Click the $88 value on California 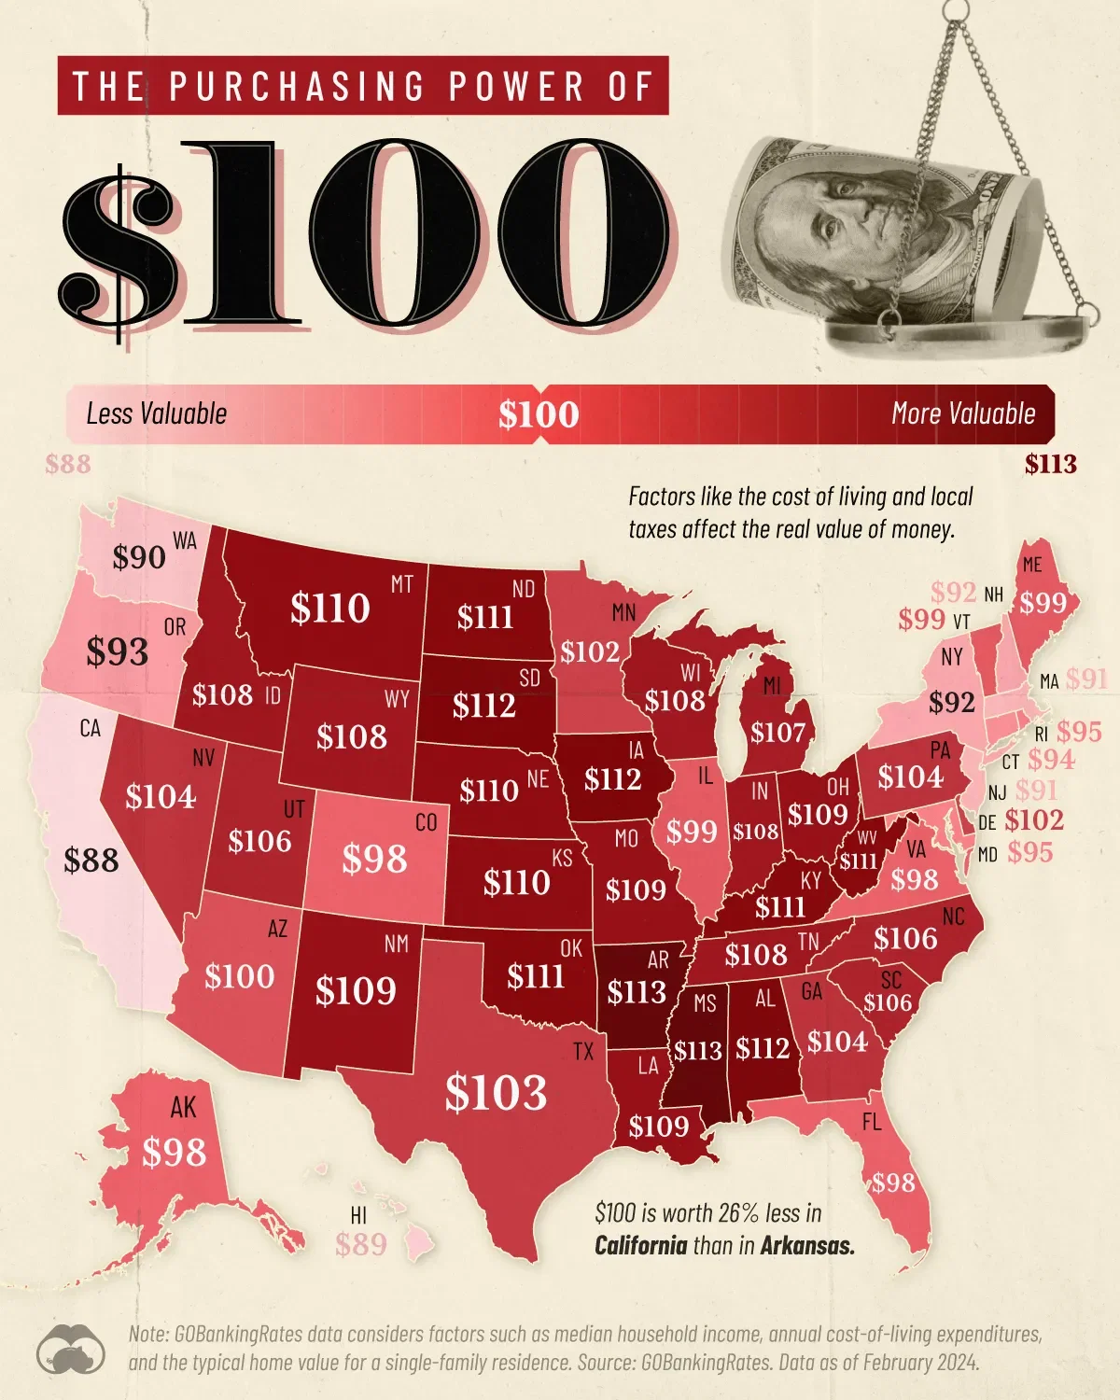click(x=91, y=860)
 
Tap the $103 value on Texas click(x=495, y=1092)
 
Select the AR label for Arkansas click(x=658, y=959)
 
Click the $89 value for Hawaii click(x=360, y=1244)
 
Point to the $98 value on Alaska click(x=174, y=1153)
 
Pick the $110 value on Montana click(x=330, y=609)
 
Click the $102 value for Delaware click(x=1034, y=820)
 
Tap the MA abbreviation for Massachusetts click(x=1048, y=682)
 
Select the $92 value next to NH click(x=953, y=593)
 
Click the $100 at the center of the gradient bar click(x=539, y=414)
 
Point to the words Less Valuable click(x=156, y=413)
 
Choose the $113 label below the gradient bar click(x=1050, y=464)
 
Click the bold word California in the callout click(x=640, y=1245)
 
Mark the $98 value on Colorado click(x=374, y=859)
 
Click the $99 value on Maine click(x=1043, y=603)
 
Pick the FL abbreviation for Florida click(x=871, y=1123)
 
